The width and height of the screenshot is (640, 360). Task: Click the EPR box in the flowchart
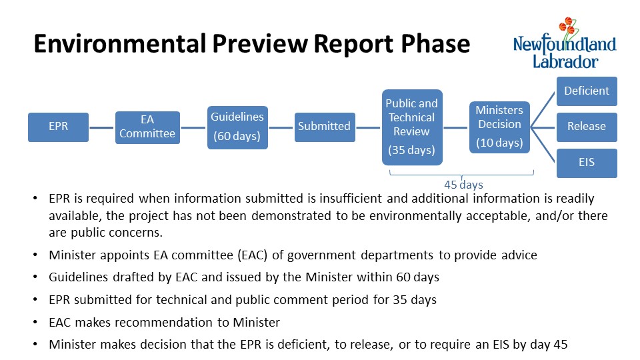click(59, 127)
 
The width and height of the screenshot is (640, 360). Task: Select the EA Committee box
click(147, 127)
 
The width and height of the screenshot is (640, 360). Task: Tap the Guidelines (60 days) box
click(237, 127)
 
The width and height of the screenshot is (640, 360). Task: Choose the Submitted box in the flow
click(325, 127)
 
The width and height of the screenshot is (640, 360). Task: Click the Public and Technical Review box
click(412, 127)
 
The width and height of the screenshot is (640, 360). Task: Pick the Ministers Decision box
click(499, 127)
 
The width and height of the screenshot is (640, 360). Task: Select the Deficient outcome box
click(587, 91)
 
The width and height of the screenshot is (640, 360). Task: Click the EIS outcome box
click(587, 163)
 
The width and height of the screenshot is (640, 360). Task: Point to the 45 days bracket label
click(463, 185)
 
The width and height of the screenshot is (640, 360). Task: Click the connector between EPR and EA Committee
click(101, 128)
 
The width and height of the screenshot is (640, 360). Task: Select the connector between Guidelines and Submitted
click(281, 128)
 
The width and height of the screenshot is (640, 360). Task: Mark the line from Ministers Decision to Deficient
click(543, 110)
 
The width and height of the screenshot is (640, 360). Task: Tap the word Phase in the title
click(435, 44)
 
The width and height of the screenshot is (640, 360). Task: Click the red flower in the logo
click(567, 26)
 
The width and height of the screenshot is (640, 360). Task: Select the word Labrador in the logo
click(565, 61)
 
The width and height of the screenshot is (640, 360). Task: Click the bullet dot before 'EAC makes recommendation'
click(35, 323)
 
